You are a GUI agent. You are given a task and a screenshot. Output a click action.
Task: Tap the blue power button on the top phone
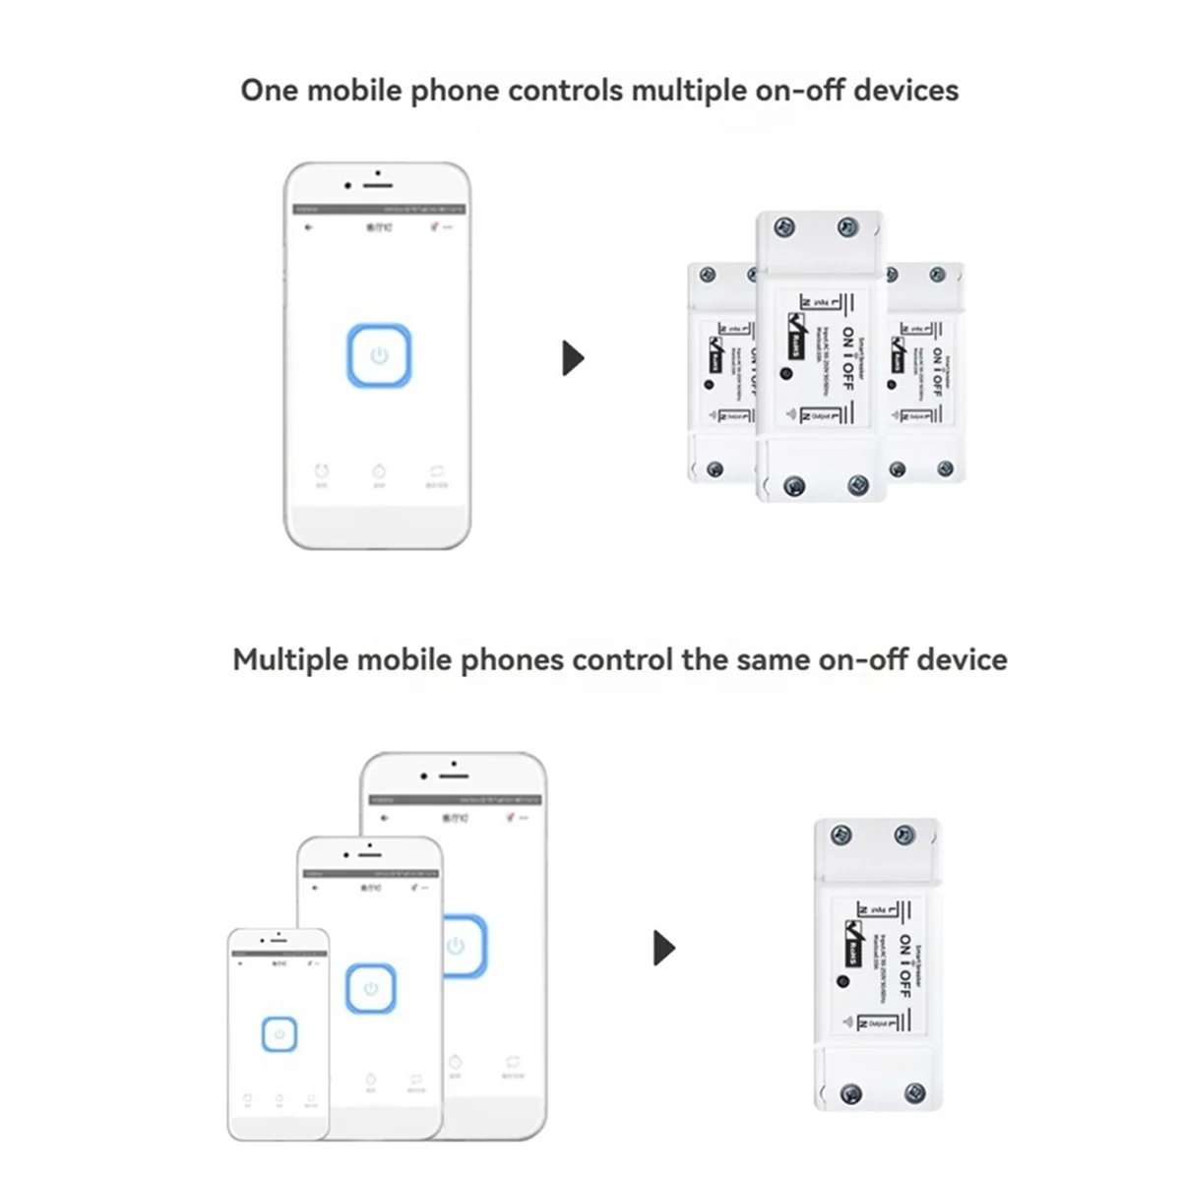(379, 356)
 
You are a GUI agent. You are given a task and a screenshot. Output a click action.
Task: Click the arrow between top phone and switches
(573, 357)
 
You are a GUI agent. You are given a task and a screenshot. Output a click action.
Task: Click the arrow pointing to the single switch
(664, 948)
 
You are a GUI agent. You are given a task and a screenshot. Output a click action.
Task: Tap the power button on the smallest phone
(280, 1034)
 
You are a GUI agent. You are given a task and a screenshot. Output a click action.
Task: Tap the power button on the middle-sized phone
(370, 989)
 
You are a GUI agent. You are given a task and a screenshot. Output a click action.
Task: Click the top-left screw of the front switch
(784, 228)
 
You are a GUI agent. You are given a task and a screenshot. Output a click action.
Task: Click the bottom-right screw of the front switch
(858, 484)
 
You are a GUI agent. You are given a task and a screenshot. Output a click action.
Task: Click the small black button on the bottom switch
(842, 981)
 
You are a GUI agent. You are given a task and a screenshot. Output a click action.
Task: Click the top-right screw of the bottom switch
(903, 837)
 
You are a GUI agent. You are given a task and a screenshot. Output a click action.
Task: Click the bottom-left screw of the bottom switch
(852, 1093)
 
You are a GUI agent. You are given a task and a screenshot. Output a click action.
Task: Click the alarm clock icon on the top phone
(322, 471)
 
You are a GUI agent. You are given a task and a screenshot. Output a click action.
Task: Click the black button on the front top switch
(785, 373)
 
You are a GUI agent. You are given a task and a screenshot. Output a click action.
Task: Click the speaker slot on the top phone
(379, 185)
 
